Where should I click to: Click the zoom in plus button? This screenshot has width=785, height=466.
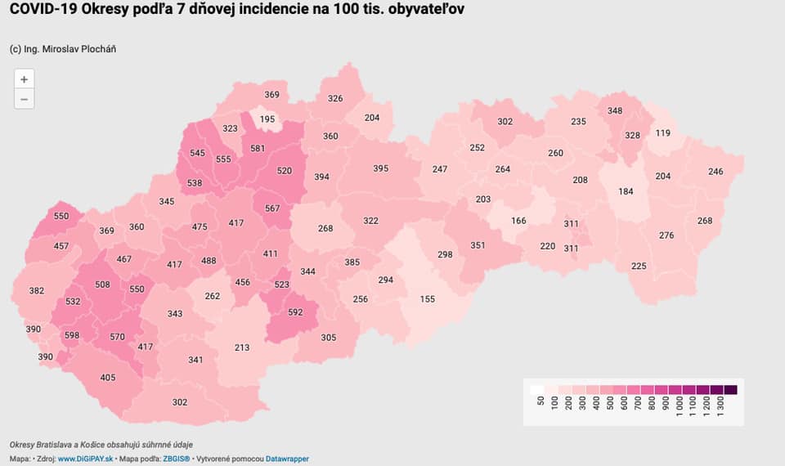tap(25, 79)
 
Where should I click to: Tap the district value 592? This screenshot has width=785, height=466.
tap(295, 311)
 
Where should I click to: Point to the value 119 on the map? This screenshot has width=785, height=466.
tap(662, 133)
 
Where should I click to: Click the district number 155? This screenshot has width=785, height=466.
tap(427, 299)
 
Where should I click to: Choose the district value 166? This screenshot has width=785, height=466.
tap(518, 221)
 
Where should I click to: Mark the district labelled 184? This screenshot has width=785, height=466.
tap(626, 192)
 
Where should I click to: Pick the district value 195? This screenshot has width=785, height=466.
tap(267, 119)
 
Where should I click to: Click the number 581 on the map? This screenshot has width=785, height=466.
tap(258, 149)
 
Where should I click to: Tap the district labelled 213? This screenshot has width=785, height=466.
tap(242, 347)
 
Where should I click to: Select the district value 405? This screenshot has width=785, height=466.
tap(108, 377)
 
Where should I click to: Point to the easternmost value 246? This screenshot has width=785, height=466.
tap(715, 172)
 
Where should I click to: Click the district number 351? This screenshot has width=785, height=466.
tap(478, 245)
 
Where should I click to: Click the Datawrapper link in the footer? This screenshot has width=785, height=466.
tap(286, 459)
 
